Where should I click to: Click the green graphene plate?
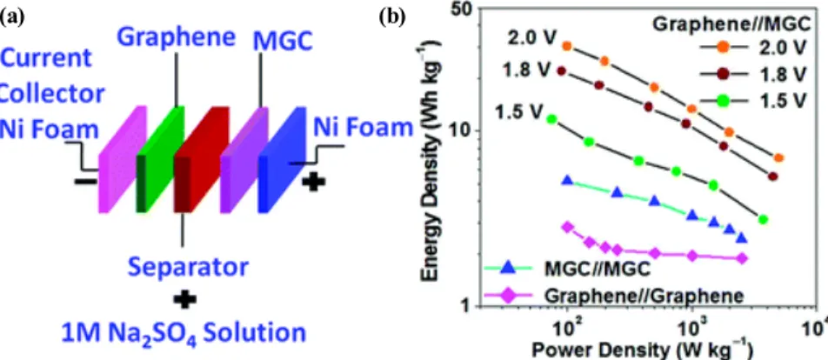tap(160, 158)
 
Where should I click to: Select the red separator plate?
tap(201, 158)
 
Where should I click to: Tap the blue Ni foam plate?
tap(282, 158)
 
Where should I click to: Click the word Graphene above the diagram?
tap(176, 37)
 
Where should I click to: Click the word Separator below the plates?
tap(189, 268)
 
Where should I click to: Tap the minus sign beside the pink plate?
tap(85, 182)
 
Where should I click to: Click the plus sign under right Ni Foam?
tap(313, 182)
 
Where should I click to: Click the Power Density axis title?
tap(639, 350)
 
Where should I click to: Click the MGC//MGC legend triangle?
tap(508, 269)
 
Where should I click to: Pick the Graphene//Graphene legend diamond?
tap(508, 295)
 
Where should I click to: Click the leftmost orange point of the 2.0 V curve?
tap(567, 46)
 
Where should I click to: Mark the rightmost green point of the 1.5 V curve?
tap(763, 219)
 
